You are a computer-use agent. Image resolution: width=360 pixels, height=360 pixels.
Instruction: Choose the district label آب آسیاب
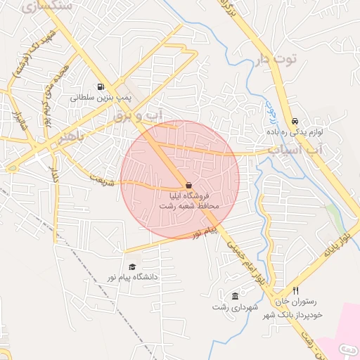[294, 150]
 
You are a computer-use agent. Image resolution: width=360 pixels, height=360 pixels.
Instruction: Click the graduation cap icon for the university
[132, 266]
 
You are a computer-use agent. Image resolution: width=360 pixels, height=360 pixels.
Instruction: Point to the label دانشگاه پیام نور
[132, 277]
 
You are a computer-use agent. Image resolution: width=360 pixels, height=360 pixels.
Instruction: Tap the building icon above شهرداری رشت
[234, 296]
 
